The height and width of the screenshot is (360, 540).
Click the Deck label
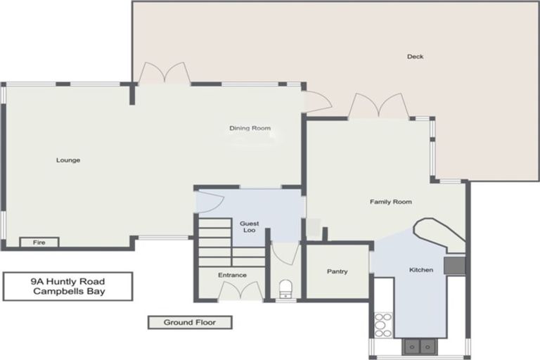(x=415, y=57)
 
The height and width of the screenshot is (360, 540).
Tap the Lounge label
(x=68, y=160)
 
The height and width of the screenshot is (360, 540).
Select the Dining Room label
(x=250, y=128)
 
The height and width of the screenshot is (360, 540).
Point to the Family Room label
(x=390, y=202)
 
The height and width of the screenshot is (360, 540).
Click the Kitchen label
(x=421, y=270)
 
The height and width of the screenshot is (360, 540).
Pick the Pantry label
(x=337, y=271)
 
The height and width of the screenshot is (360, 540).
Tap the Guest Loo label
(x=250, y=226)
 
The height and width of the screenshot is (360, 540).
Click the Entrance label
(x=232, y=275)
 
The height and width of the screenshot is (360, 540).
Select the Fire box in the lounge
(x=39, y=243)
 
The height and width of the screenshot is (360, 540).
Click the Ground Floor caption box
(x=189, y=323)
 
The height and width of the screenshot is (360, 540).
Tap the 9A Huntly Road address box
(x=67, y=286)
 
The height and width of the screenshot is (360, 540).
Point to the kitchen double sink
(x=420, y=346)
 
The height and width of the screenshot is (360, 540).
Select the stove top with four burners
(x=383, y=326)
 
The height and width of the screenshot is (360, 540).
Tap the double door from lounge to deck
(x=164, y=73)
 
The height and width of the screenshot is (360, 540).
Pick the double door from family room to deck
(x=379, y=106)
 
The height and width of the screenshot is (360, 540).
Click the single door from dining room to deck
(x=318, y=102)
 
